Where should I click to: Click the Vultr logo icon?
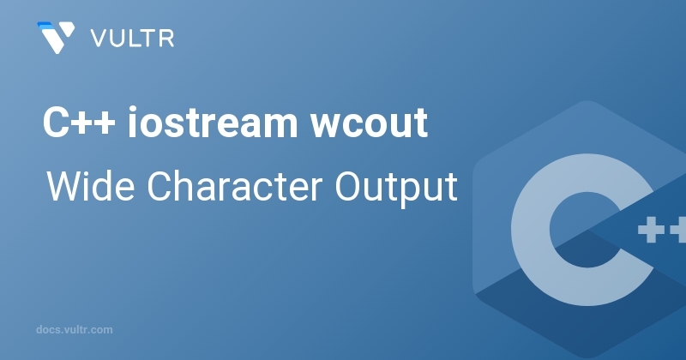point(57,38)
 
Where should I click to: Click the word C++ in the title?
point(78,126)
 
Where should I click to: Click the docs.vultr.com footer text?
point(75,329)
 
